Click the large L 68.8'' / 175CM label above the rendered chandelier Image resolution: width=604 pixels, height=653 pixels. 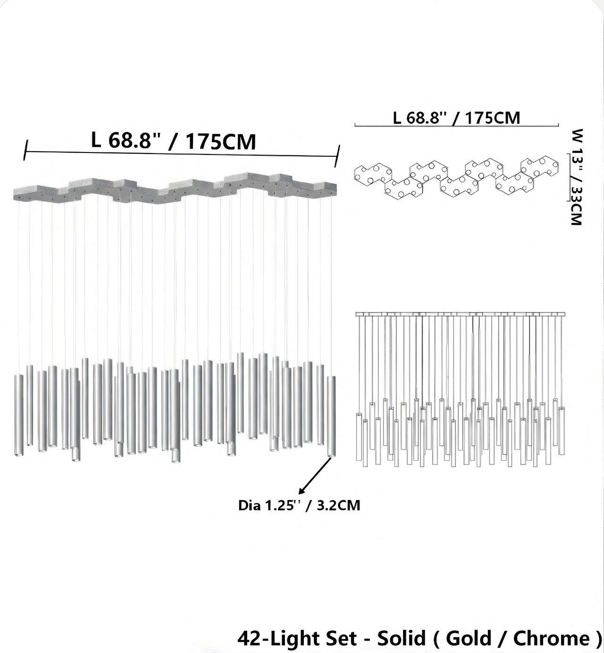coord(174,141)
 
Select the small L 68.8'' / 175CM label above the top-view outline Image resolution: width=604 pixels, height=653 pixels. coord(456,118)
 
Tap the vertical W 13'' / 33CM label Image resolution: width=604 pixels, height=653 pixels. coord(577,177)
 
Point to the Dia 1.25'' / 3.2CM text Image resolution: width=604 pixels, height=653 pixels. coord(299,506)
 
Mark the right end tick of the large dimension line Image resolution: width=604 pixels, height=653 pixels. coord(337,156)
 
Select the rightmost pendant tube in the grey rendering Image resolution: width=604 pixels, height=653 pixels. coord(331,416)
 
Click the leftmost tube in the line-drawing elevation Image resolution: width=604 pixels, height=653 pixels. coord(359,439)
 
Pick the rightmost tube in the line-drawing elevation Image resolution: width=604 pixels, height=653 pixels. coord(562,430)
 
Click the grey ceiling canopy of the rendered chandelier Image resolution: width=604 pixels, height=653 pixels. coord(175,189)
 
